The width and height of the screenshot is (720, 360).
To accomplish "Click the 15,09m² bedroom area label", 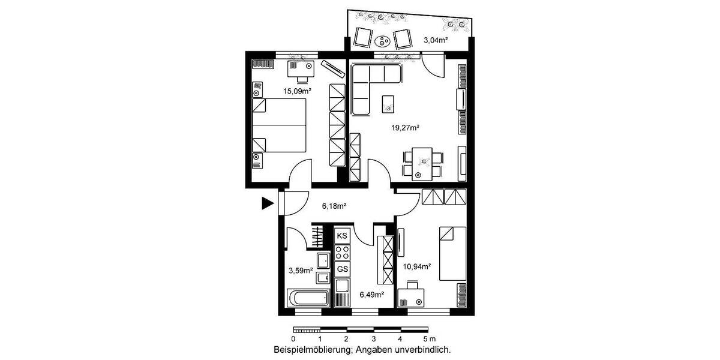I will [297, 91].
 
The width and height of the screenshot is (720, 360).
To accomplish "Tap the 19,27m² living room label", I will [405, 127].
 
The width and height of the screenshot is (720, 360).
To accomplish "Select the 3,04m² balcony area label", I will [436, 40].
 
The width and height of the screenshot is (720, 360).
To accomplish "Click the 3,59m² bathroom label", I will [300, 271].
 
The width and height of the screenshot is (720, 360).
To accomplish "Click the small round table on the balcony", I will [382, 41].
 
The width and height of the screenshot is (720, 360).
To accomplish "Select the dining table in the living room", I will [423, 163].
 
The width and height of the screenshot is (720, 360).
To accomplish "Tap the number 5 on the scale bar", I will [424, 339].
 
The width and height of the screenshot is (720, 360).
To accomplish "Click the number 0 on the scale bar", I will [293, 339].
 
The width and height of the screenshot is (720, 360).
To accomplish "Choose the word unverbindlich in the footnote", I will [423, 349].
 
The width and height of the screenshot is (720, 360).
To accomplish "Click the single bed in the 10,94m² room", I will [453, 253].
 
